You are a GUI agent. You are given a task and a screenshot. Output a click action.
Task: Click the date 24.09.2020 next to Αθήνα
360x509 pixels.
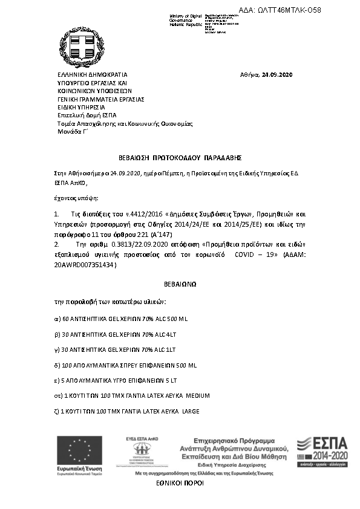click(277, 74)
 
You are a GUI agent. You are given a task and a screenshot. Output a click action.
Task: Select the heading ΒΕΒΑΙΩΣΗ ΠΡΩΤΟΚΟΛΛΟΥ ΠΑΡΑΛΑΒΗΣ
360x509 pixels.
click(180, 157)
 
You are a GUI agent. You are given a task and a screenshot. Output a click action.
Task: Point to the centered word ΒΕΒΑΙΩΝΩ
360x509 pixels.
click(180, 283)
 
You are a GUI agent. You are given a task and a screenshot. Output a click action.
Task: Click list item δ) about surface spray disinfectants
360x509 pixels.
click(126, 365)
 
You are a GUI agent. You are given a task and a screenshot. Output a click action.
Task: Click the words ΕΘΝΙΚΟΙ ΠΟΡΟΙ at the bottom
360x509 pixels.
click(180, 484)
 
